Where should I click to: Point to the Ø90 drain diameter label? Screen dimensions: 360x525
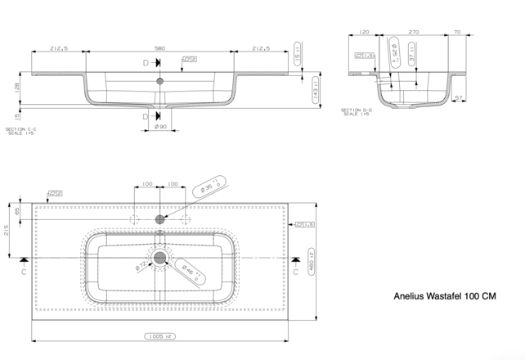coord(160,127)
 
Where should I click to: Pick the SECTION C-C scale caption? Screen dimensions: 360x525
coord(20,131)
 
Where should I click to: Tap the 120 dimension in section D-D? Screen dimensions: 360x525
coord(364,32)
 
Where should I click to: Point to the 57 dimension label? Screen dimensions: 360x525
coord(459,98)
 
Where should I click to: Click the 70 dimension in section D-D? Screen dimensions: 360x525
coord(456,32)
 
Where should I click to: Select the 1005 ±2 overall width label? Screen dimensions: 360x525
coord(159,336)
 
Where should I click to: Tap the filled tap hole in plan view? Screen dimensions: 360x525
coord(160,219)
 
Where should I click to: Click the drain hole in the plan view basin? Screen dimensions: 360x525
coord(160,258)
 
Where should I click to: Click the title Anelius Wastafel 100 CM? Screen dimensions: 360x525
coord(445,296)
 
